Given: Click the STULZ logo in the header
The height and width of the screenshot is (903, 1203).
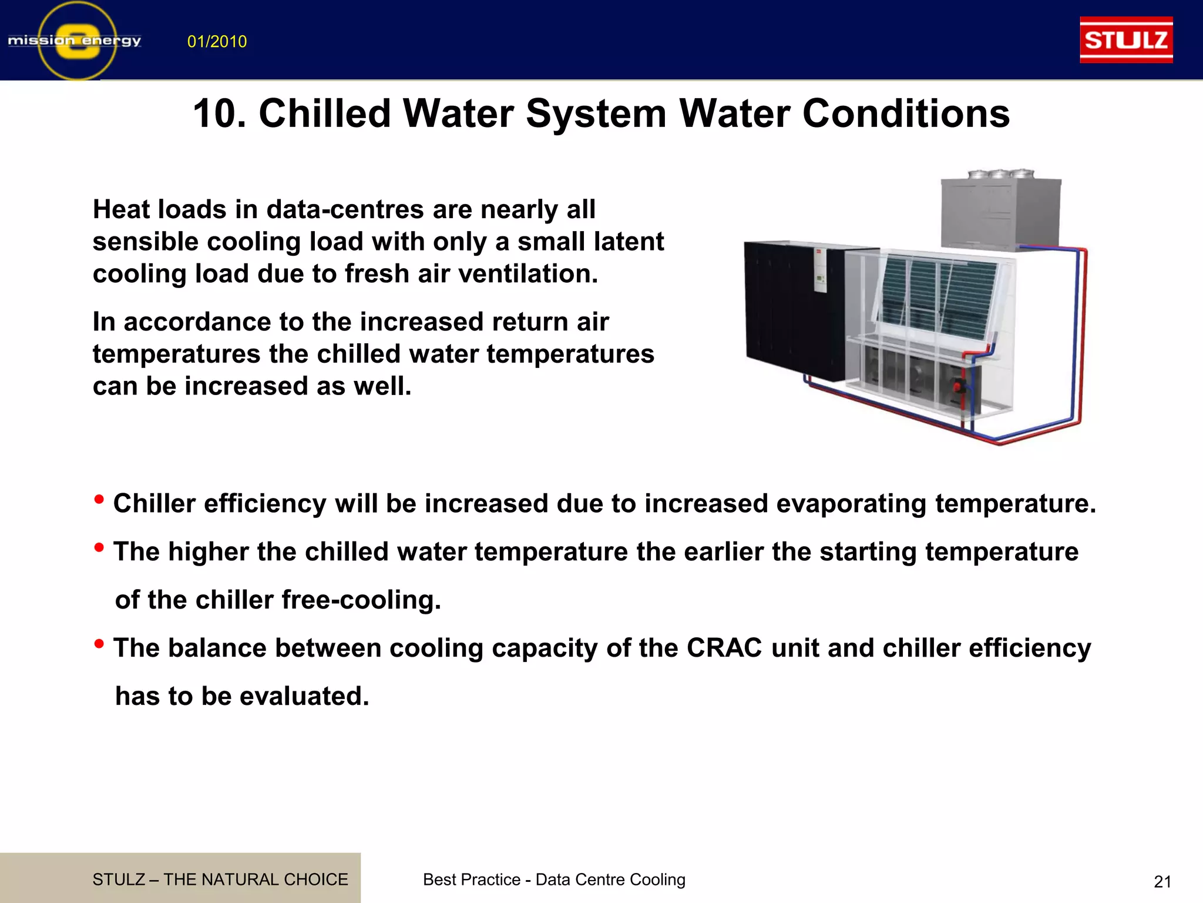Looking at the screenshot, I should [x=1126, y=40].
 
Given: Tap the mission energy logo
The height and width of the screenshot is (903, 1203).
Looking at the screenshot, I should [x=75, y=41].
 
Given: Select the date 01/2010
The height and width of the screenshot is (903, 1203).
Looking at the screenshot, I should [x=217, y=42].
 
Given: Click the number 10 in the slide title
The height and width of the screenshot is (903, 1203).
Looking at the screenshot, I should [x=219, y=113].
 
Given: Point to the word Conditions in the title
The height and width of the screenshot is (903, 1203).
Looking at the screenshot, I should [x=906, y=113].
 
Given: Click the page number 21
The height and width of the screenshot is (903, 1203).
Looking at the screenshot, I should [x=1162, y=882].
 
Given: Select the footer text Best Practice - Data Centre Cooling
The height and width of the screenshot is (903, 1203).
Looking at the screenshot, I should [x=554, y=879].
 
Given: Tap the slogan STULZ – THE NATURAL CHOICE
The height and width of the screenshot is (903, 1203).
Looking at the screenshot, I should [x=220, y=879].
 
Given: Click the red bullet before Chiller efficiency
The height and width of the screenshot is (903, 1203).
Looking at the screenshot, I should [x=99, y=500].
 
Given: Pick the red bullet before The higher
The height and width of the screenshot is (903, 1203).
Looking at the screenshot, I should [x=99, y=549].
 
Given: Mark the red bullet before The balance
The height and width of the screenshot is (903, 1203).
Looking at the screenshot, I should [x=99, y=645].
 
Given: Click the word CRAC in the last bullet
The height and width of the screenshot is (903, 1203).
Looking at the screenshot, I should [x=724, y=648].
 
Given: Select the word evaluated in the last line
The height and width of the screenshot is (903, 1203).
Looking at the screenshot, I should [x=304, y=697].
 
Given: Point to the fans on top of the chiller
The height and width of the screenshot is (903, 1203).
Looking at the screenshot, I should [x=1000, y=174].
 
